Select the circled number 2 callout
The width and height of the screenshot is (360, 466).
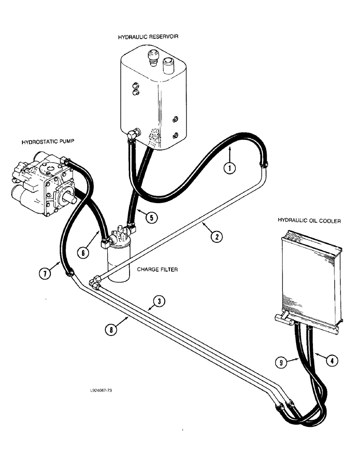[216, 237]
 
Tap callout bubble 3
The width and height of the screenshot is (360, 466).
[159, 302]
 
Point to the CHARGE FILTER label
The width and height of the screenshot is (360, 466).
[157, 269]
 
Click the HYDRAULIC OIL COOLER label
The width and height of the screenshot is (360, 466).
[309, 220]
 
